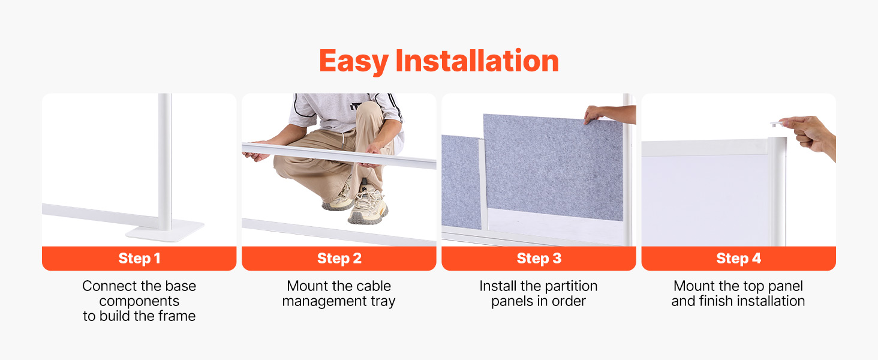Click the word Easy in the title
point(354,62)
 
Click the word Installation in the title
point(477,61)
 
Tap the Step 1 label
point(139,259)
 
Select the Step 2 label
point(339,259)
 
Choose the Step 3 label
point(539,259)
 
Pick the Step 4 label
point(738,259)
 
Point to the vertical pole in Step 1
point(164,161)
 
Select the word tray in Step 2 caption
point(382,302)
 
